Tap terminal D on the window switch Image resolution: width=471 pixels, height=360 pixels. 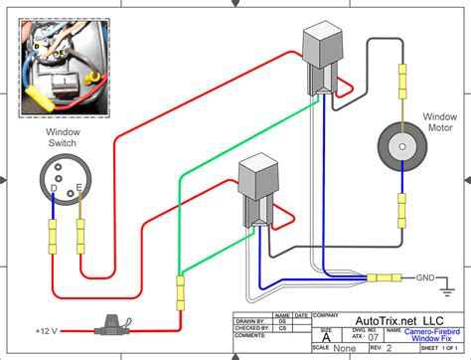point(54,189)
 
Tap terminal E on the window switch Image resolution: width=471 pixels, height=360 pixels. point(78,189)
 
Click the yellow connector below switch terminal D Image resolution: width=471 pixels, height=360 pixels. point(53,239)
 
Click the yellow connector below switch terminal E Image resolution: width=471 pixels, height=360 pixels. point(78,239)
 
